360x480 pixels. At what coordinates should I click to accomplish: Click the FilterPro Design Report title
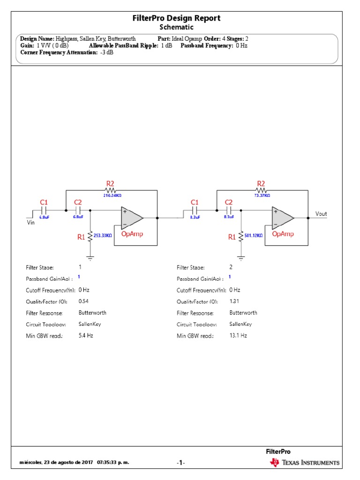[176, 18]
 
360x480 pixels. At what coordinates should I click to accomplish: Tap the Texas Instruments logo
[304, 463]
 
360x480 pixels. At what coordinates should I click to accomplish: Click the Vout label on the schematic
[321, 214]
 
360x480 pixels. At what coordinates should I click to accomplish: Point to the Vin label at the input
[30, 224]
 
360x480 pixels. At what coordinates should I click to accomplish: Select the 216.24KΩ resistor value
[112, 195]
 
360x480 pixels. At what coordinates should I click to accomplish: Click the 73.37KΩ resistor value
[262, 195]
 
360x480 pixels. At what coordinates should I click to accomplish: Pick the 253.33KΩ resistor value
[103, 236]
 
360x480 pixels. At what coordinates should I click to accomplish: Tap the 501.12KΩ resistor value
[254, 236]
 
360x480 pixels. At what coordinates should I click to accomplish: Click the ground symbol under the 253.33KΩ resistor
[90, 256]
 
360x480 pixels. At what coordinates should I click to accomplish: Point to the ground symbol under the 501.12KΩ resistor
[241, 256]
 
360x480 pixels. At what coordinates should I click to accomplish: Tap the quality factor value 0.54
[83, 301]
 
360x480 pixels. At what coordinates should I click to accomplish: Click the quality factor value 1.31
[234, 301]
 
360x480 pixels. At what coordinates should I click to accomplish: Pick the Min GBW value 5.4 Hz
[86, 336]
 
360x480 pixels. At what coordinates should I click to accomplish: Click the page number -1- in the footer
[180, 463]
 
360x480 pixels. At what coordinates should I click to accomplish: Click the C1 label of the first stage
[44, 202]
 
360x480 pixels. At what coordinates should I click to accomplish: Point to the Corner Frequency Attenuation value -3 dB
[106, 52]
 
